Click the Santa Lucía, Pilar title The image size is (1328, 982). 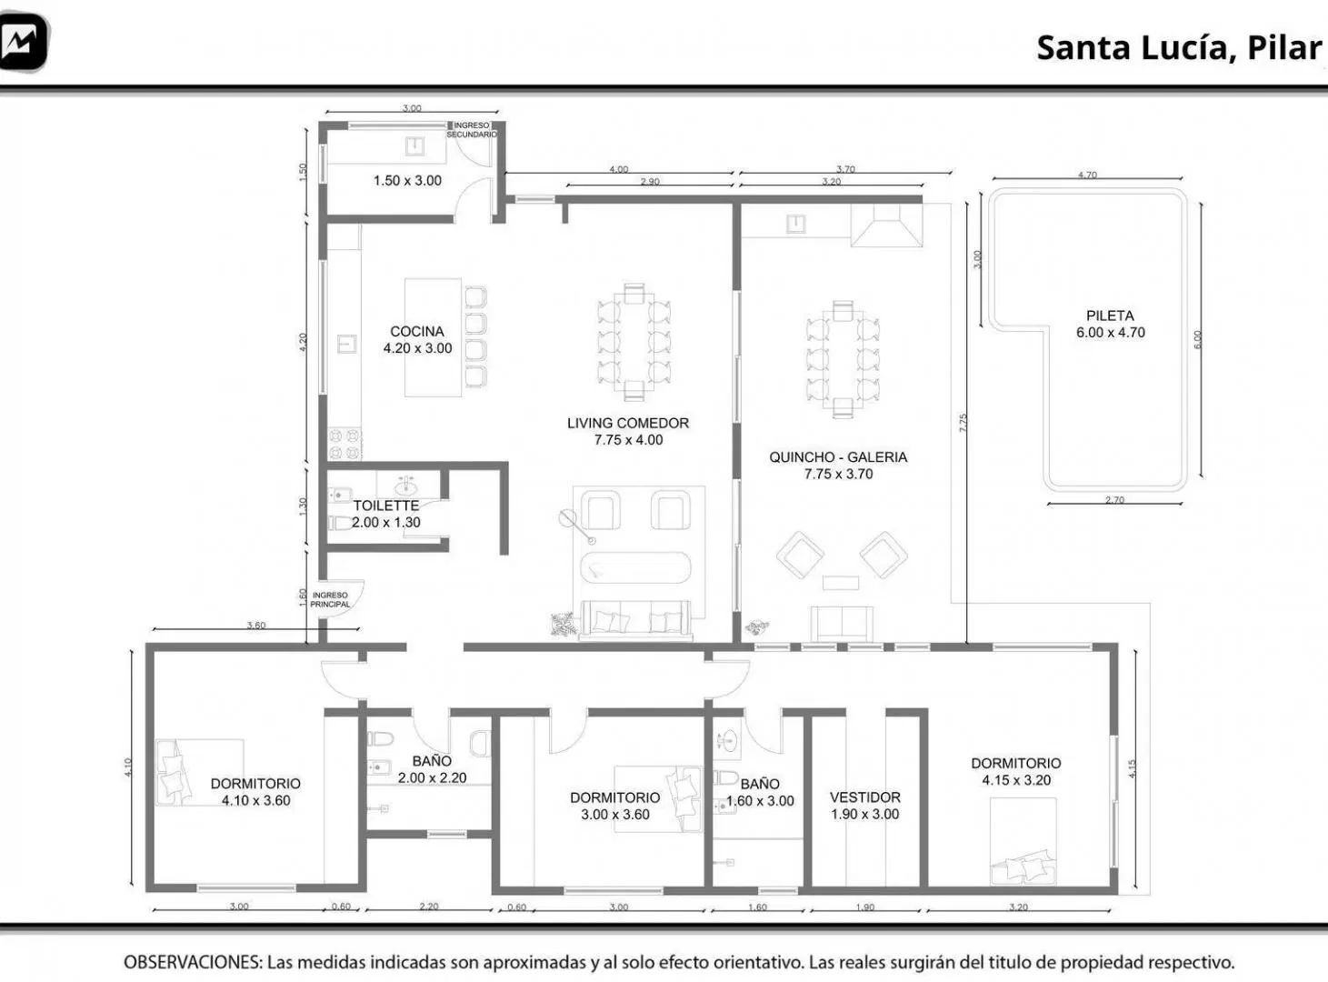click(1179, 48)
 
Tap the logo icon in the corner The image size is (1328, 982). click(23, 42)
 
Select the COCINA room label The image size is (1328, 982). click(417, 331)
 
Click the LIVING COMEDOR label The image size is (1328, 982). click(628, 423)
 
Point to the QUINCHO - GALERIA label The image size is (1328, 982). click(838, 457)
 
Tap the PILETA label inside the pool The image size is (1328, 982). click(1110, 316)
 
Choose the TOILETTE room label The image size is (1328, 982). click(386, 506)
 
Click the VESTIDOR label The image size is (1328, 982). click(865, 797)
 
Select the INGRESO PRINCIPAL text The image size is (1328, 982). click(330, 600)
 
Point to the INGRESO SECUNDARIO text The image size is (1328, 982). click(472, 130)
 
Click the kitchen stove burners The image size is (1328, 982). click(344, 444)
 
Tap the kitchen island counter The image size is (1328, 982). click(433, 337)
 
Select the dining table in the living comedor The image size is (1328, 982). click(634, 342)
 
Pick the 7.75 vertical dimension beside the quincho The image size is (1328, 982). click(963, 423)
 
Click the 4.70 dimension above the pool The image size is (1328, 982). click(1087, 175)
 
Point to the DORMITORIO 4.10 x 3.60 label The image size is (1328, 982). click(255, 792)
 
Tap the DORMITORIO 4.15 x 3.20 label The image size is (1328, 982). click(1015, 772)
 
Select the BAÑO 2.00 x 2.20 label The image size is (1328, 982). click(432, 769)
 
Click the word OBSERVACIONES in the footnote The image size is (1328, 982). click(193, 962)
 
